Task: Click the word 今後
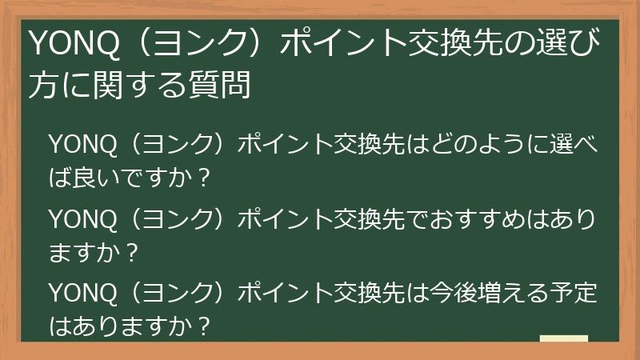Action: coord(454,293)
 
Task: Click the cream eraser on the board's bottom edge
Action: coord(563,338)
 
